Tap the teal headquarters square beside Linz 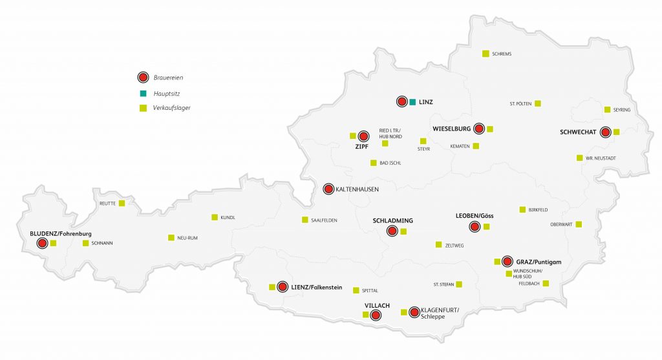412,102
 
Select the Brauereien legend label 168,78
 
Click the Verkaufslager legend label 171,108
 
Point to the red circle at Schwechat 605,132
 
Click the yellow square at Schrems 486,54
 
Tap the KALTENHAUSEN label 357,189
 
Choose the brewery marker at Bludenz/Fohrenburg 42,243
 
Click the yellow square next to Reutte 122,203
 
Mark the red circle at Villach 376,315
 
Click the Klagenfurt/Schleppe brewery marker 414,312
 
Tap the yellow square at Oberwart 579,224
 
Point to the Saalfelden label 324,220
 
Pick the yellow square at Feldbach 546,283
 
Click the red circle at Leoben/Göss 475,226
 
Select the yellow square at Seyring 607,110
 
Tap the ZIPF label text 361,147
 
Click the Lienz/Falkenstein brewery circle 283,286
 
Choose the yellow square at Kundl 215,217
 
